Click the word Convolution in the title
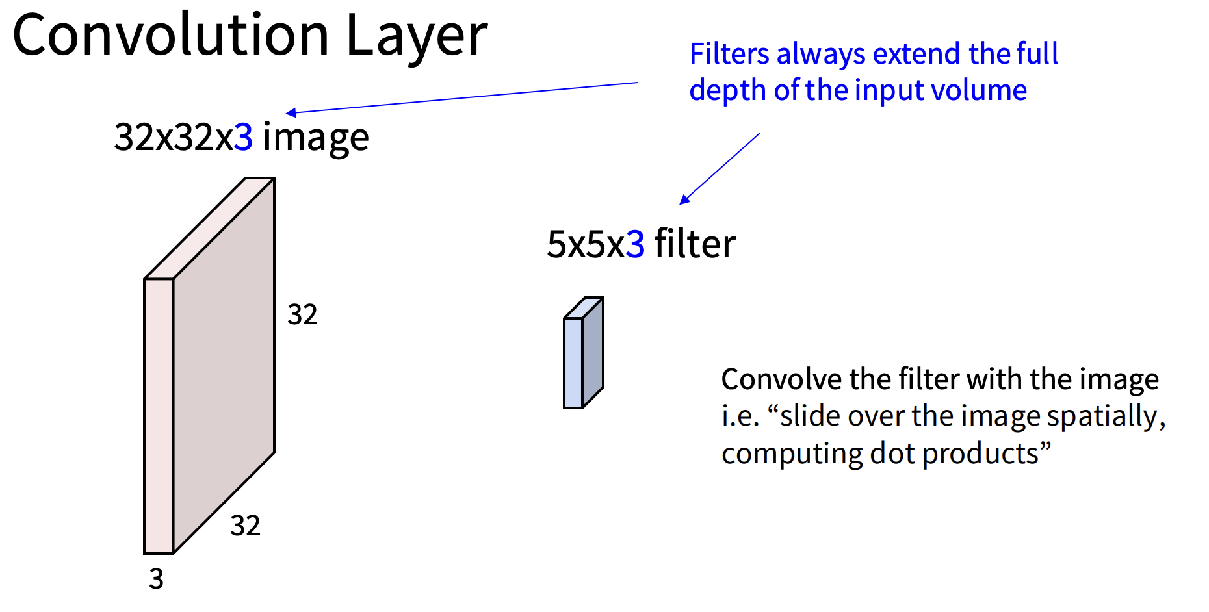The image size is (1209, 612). pyautogui.click(x=171, y=35)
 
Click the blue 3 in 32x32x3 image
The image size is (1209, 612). pyautogui.click(x=244, y=137)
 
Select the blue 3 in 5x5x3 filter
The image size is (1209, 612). pyautogui.click(x=635, y=244)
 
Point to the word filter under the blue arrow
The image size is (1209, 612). pyautogui.click(x=695, y=244)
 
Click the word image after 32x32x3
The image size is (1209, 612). pyautogui.click(x=316, y=139)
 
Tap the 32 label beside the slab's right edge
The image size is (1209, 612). pyautogui.click(x=302, y=314)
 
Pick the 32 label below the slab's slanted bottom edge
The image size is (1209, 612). pyautogui.click(x=245, y=526)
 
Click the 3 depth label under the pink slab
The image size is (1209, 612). pyautogui.click(x=156, y=579)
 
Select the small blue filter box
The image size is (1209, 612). pyautogui.click(x=583, y=353)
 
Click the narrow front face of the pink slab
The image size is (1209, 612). pyautogui.click(x=159, y=416)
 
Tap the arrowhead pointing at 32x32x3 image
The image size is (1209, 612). pyautogui.click(x=291, y=113)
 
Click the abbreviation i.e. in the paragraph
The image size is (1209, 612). pyautogui.click(x=740, y=416)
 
